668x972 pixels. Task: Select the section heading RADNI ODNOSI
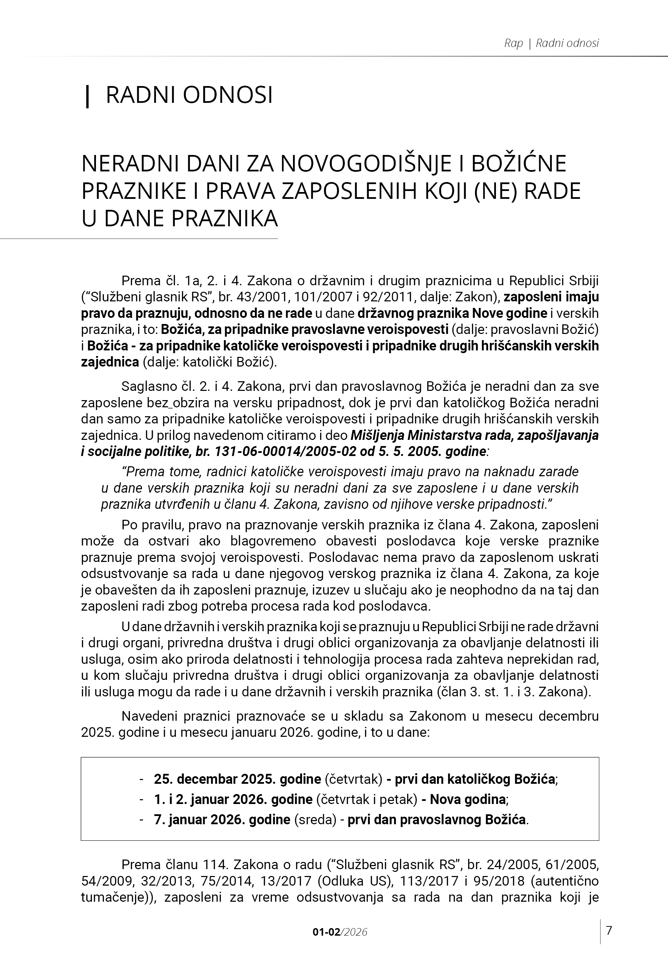coord(189,95)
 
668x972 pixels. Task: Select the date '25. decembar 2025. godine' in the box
coord(237,779)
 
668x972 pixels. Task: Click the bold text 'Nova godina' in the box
coord(467,799)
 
